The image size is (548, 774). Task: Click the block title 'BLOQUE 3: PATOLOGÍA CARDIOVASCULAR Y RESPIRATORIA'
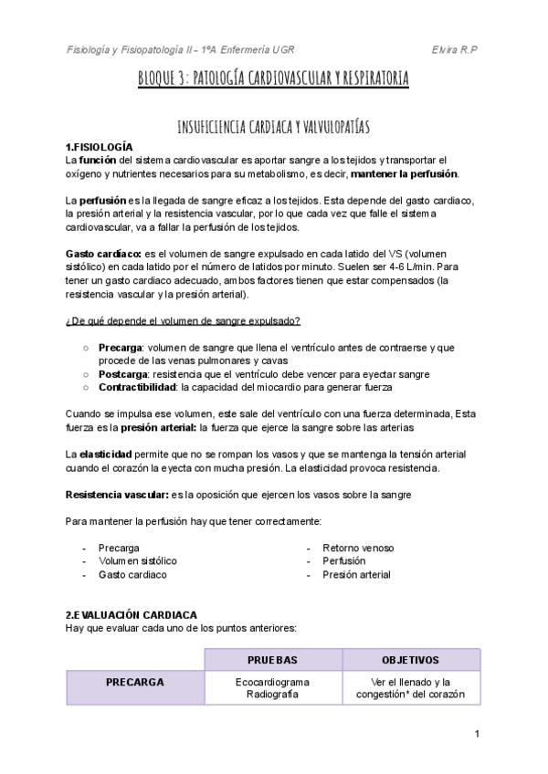pos(273,78)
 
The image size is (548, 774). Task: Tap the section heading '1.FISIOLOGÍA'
pos(100,147)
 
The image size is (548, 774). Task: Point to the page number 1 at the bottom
pos(477,734)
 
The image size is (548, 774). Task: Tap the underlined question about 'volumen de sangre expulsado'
pos(183,320)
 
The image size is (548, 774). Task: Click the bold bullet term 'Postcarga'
pos(124,373)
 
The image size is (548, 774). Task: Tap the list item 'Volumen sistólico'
pos(138,560)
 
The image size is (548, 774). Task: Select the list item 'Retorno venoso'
pos(358,548)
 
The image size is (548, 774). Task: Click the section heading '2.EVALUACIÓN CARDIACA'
pos(131,615)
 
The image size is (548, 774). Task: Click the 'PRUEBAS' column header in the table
pos(272,659)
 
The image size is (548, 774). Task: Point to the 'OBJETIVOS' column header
pos(410,659)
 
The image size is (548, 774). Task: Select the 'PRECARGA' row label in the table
pos(134,682)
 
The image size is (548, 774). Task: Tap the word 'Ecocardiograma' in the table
pos(272,682)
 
